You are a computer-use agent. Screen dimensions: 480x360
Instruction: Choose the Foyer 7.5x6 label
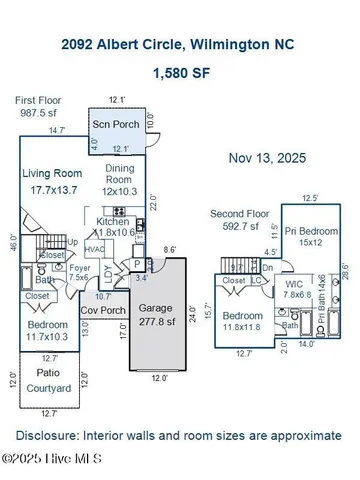pos(78,271)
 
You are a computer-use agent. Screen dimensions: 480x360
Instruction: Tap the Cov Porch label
pos(102,311)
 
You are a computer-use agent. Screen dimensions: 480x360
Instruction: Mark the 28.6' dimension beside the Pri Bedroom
pos(344,271)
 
